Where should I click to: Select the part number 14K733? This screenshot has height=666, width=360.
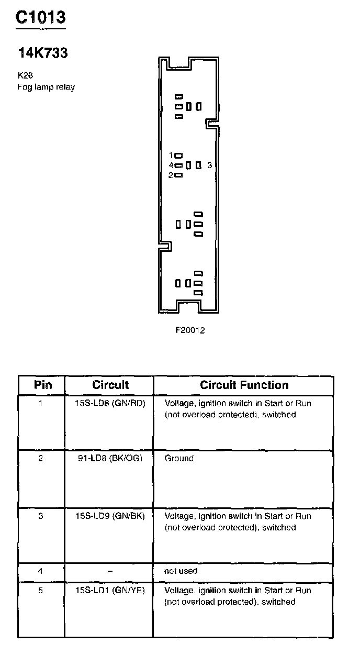pyautogui.click(x=43, y=53)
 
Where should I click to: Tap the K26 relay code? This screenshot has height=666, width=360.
pyautogui.click(x=25, y=75)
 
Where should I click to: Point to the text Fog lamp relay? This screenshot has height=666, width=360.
pyautogui.click(x=46, y=87)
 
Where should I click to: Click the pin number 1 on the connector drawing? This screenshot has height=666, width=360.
pyautogui.click(x=171, y=156)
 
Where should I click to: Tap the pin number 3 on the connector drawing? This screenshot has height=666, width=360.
pyautogui.click(x=209, y=165)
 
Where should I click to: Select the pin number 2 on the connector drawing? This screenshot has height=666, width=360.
pyautogui.click(x=171, y=175)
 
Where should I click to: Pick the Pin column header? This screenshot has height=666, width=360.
pyautogui.click(x=43, y=385)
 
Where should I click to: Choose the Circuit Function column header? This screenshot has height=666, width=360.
pyautogui.click(x=244, y=385)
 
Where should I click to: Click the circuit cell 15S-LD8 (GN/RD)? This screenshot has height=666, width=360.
pyautogui.click(x=110, y=403)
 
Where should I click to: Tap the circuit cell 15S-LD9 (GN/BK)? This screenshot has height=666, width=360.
pyautogui.click(x=110, y=516)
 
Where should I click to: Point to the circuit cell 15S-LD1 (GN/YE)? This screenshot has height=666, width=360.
pyautogui.click(x=110, y=590)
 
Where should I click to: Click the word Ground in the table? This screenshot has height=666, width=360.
pyautogui.click(x=179, y=458)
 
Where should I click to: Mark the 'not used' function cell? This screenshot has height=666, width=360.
pyautogui.click(x=181, y=571)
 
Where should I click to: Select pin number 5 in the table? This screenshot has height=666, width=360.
pyautogui.click(x=41, y=590)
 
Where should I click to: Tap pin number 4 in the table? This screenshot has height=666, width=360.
pyautogui.click(x=41, y=571)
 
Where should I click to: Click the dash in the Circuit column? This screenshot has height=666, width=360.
pyautogui.click(x=110, y=571)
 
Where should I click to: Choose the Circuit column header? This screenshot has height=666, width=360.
pyautogui.click(x=110, y=385)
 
